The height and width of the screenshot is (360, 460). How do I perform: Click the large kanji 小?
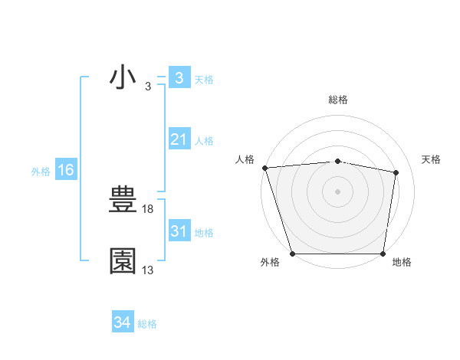point(123,78)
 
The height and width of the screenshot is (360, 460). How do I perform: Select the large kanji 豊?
point(123,201)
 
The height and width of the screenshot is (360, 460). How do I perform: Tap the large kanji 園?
point(123,260)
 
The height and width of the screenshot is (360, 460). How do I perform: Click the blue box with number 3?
point(179,78)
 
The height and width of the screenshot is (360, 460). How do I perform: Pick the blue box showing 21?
point(179,139)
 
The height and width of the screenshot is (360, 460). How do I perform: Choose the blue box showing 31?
point(179,231)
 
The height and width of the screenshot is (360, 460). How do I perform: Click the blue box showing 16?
point(65,170)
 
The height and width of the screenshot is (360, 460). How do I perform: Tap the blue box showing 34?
point(122,323)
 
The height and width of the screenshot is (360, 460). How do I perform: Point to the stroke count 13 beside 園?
point(148,270)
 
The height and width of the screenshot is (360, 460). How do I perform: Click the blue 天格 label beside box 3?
point(204,79)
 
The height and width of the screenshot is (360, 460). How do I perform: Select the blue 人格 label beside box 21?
point(204,141)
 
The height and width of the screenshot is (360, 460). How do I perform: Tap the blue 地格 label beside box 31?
point(204,233)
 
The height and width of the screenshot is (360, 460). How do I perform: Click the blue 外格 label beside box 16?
point(41,172)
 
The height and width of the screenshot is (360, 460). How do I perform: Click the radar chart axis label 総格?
point(337,100)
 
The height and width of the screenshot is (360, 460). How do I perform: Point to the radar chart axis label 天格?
point(431,159)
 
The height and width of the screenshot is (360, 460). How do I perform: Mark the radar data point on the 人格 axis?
point(264,168)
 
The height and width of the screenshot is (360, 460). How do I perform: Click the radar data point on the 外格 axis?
point(293,254)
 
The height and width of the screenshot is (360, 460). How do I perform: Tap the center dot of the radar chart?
point(337,191)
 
